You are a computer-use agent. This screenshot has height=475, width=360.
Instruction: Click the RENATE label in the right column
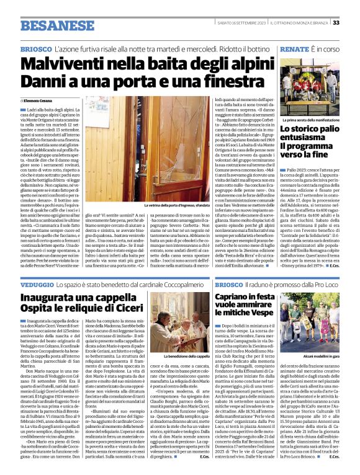(x=295, y=48)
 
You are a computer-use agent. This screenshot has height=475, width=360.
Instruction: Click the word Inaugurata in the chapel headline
(x=53, y=297)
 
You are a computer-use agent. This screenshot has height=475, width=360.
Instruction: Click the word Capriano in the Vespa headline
(x=238, y=297)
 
